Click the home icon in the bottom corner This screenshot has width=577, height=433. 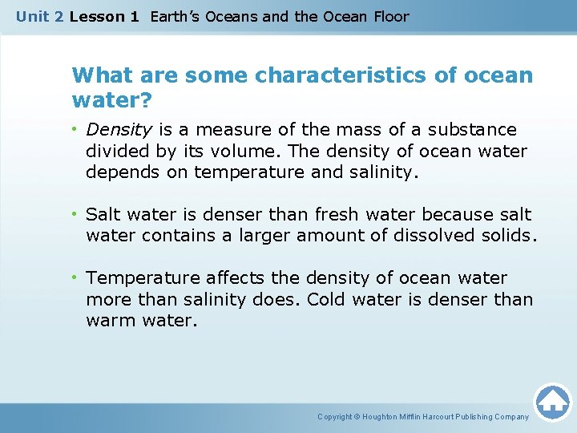[552, 402]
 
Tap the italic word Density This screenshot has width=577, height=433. [119, 129]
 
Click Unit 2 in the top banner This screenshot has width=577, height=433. [39, 16]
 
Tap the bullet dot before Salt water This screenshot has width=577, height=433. [75, 215]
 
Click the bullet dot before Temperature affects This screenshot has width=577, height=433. [75, 278]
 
